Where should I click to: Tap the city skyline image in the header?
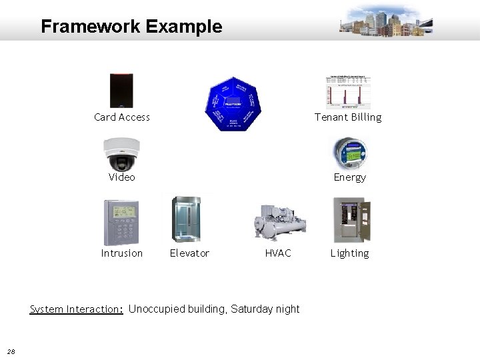[x=386, y=21]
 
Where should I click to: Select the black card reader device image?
[x=121, y=90]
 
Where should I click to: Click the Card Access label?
[x=122, y=117]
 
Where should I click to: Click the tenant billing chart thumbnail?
[x=348, y=91]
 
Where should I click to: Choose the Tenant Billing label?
[x=348, y=117]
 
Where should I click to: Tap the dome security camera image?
[x=121, y=154]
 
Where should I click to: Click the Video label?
[x=122, y=177]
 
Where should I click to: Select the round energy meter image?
[x=349, y=153]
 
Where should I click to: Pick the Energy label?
[x=350, y=177]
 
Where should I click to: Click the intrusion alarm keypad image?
[x=121, y=222]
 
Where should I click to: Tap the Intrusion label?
[x=122, y=253]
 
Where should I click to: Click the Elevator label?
[x=189, y=253]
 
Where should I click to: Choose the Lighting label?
[x=350, y=253]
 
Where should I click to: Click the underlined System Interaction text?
[x=76, y=309]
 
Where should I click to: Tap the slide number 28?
[x=11, y=352]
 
